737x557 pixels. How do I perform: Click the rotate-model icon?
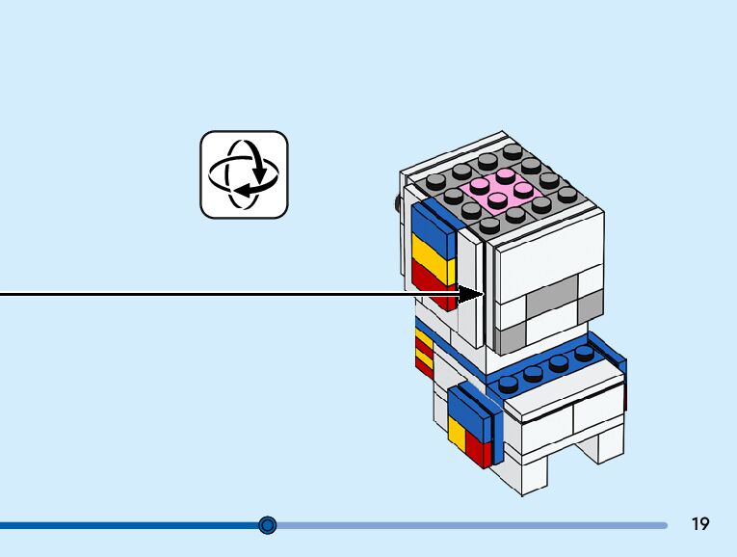[244, 174]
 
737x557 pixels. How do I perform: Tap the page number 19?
[700, 524]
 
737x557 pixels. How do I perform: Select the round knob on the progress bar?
[268, 525]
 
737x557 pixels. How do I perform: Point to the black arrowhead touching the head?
[472, 293]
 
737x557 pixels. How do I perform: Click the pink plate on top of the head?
[498, 189]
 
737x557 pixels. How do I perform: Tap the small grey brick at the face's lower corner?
[512, 334]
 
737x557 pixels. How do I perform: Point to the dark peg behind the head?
[396, 203]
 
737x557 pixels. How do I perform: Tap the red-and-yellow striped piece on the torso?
[424, 352]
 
